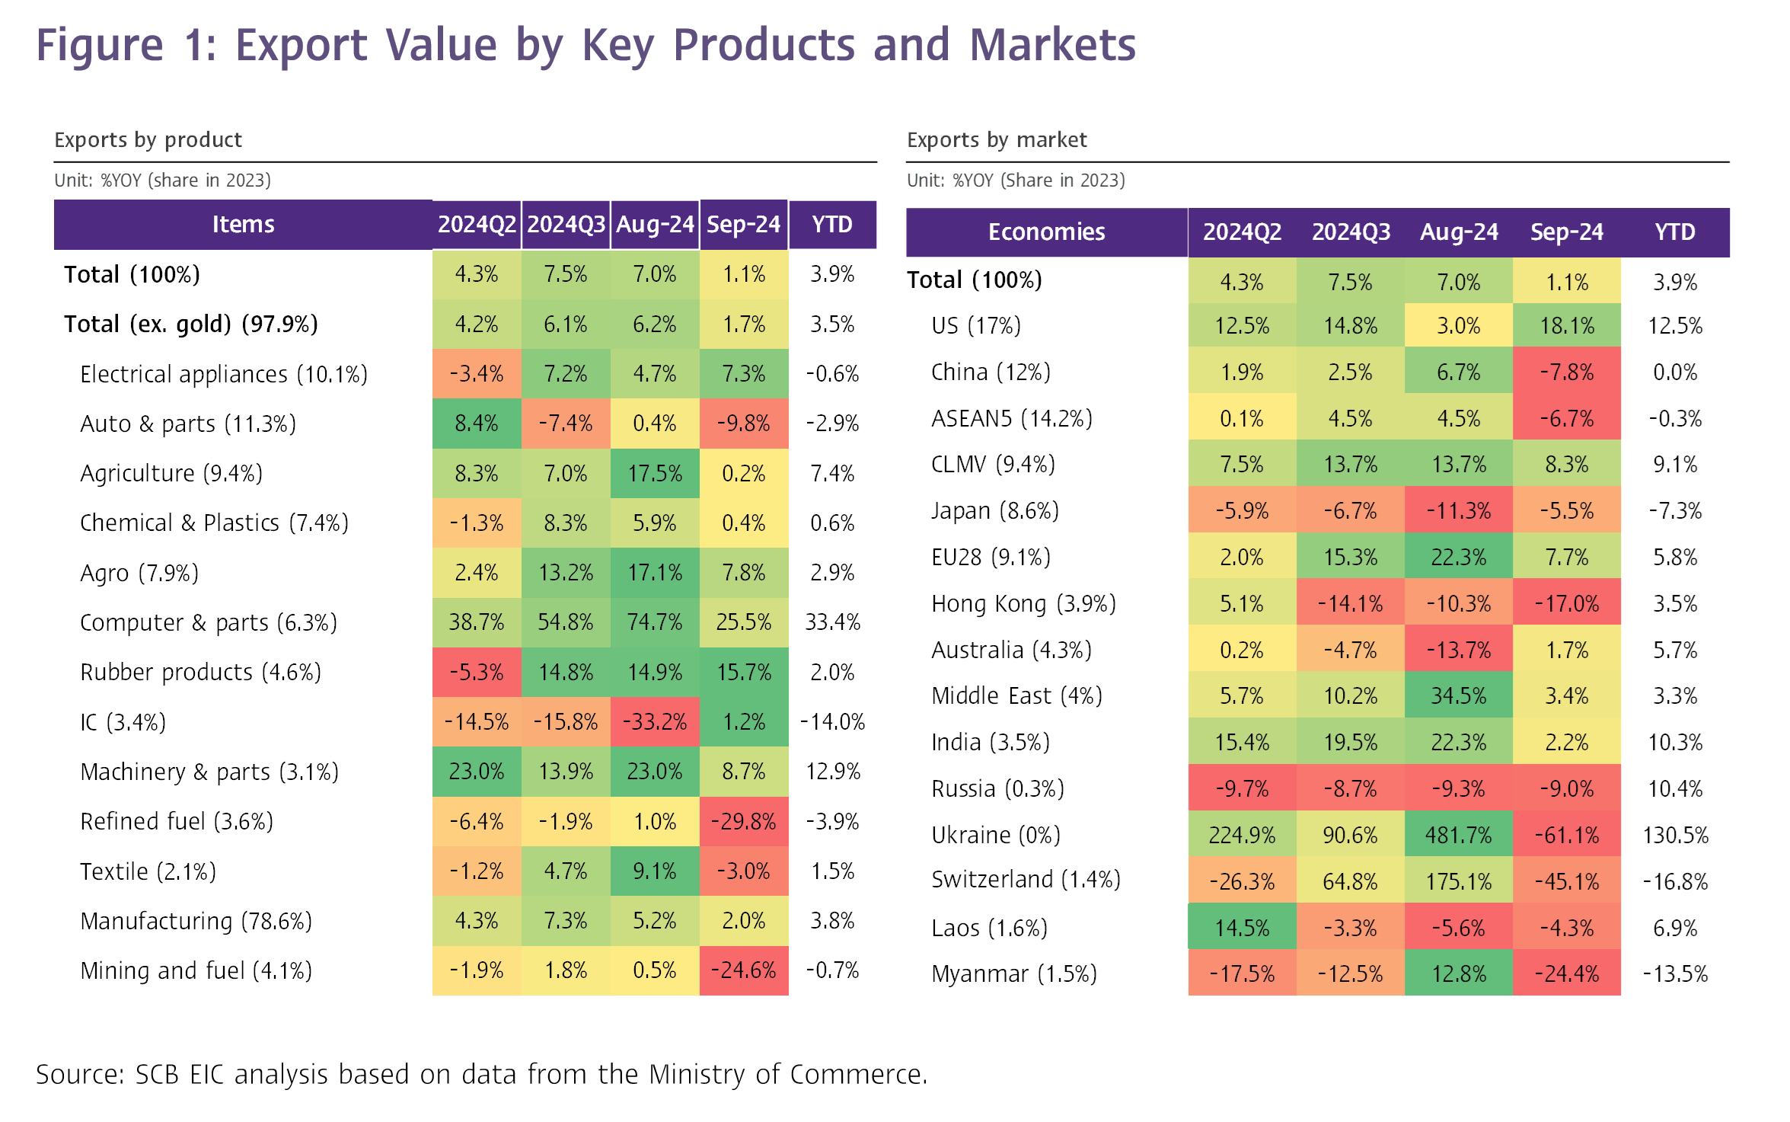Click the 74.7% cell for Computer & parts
pos(655,622)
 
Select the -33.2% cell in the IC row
pos(655,721)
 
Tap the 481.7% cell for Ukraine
pos(1458,835)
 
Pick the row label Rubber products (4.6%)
pos(200,672)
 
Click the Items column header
pos(243,225)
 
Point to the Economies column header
pos(1046,232)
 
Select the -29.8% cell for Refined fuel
pos(743,821)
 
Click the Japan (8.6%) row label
pos(994,510)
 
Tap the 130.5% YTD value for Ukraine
pos(1675,835)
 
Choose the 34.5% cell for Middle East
pos(1458,695)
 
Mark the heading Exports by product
pos(148,140)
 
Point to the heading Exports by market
pos(997,140)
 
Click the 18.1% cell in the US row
pos(1566,326)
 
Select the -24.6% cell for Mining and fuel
pos(743,970)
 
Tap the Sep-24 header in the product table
pos(743,225)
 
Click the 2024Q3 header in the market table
pos(1351,232)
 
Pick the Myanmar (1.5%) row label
pos(1013,973)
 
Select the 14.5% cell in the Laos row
pos(1241,928)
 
